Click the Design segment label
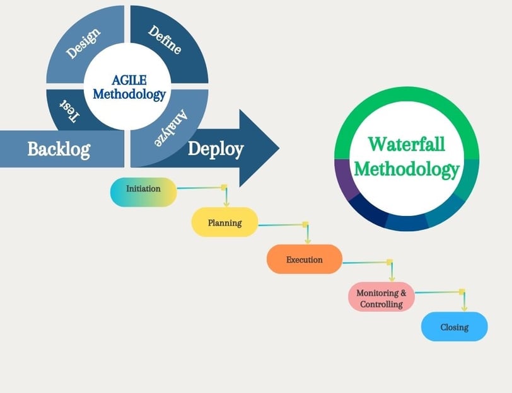click(x=83, y=43)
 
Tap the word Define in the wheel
click(x=165, y=40)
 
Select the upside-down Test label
click(x=69, y=111)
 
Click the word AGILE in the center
click(x=129, y=80)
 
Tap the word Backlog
click(x=59, y=149)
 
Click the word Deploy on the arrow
click(x=216, y=149)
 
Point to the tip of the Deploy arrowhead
click(x=279, y=148)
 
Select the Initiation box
click(x=143, y=192)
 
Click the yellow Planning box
click(x=224, y=222)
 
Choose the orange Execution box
click(x=305, y=259)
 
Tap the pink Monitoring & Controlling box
click(x=381, y=297)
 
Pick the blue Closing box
click(x=454, y=326)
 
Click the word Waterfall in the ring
click(x=407, y=144)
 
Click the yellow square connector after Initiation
click(x=224, y=187)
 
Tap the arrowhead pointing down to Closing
click(x=464, y=308)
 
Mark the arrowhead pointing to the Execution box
click(x=308, y=241)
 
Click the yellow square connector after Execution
click(x=389, y=262)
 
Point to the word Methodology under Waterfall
click(x=407, y=169)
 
